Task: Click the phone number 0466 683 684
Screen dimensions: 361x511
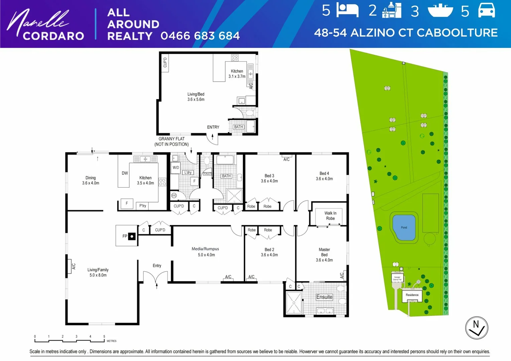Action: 200,36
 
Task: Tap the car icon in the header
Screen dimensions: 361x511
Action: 486,10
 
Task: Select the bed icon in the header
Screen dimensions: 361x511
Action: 347,10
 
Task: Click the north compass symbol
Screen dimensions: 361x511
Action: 477,328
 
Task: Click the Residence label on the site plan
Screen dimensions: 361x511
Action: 412,295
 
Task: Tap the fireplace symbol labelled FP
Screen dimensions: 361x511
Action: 132,236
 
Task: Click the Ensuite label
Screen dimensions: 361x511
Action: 324,297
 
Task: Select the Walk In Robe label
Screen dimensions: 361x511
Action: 330,216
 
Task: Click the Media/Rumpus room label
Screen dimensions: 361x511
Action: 206,252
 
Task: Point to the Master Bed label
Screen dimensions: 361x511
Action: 324,254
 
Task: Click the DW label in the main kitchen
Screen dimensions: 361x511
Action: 125,173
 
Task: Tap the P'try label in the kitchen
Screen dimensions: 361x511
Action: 143,206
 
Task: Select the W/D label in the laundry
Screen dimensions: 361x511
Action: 175,167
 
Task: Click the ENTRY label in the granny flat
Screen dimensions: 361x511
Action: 213,127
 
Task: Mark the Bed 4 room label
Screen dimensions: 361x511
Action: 324,176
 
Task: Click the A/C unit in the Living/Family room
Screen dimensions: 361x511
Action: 71,266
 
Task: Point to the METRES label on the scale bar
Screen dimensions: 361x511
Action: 112,341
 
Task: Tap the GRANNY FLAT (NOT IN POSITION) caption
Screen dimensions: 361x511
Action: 171,141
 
